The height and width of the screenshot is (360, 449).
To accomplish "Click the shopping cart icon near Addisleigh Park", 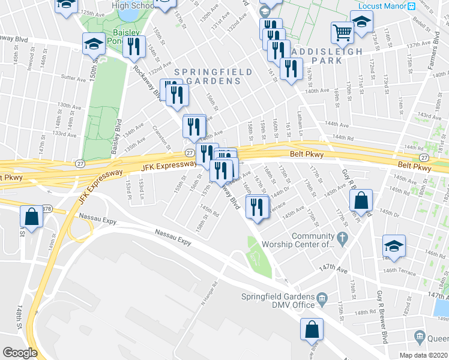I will coord(342,33).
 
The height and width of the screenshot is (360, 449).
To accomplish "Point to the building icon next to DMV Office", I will coord(322,297).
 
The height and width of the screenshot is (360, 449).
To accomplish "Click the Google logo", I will coord(20,352).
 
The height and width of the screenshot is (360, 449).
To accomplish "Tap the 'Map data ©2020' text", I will coord(418,355).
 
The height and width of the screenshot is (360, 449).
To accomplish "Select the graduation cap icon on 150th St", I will coord(93,44).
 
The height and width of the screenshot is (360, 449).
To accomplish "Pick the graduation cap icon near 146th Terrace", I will coord(394,245).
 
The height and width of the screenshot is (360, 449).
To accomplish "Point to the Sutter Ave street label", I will coord(73,78).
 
